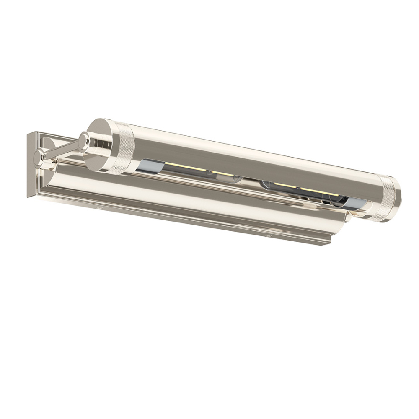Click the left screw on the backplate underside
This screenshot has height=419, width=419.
pyautogui.click(x=99, y=207)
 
